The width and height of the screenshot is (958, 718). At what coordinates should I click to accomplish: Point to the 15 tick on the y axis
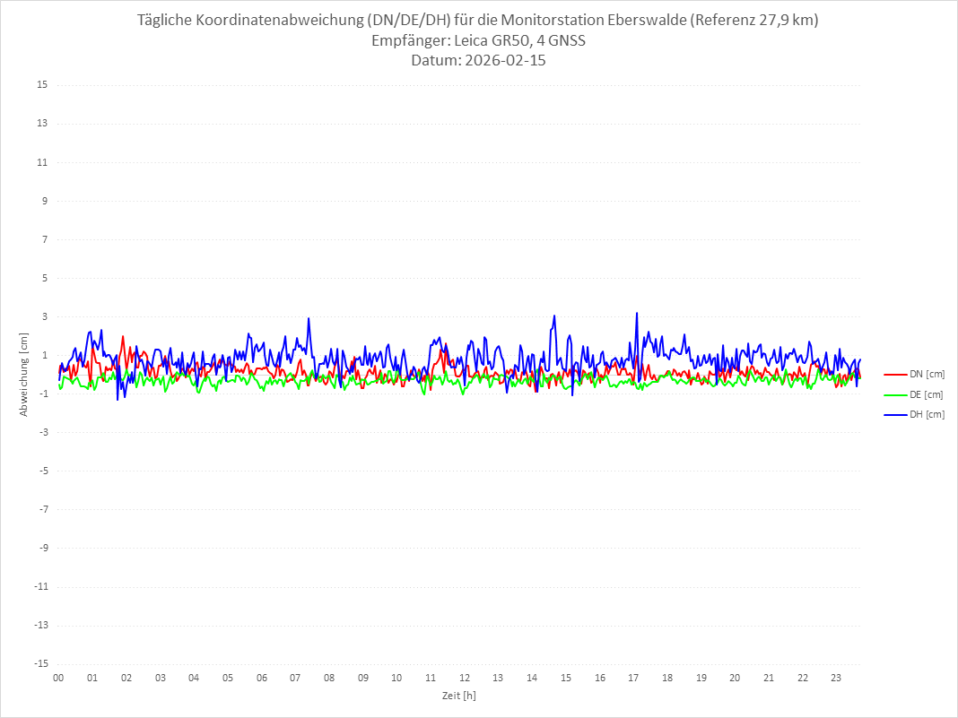click(42, 85)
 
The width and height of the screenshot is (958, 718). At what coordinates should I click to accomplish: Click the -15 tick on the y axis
click(40, 663)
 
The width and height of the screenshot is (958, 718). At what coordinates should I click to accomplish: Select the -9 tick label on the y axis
click(42, 548)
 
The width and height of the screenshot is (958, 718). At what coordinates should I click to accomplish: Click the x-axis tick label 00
click(58, 678)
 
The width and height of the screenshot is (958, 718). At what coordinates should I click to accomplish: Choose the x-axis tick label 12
click(465, 678)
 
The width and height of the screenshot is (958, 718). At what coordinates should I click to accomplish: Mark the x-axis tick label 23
click(837, 678)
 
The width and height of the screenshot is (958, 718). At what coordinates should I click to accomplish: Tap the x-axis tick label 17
click(633, 678)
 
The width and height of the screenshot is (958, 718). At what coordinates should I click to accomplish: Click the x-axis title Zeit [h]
click(458, 696)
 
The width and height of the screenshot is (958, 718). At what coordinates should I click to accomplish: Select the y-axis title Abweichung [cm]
click(24, 374)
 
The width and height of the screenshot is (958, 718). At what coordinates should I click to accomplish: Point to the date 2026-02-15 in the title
click(502, 61)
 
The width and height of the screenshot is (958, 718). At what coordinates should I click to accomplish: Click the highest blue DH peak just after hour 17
click(637, 313)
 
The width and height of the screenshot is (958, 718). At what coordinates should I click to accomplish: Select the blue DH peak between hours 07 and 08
click(309, 318)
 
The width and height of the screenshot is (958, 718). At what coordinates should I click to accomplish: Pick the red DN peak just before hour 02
click(123, 336)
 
